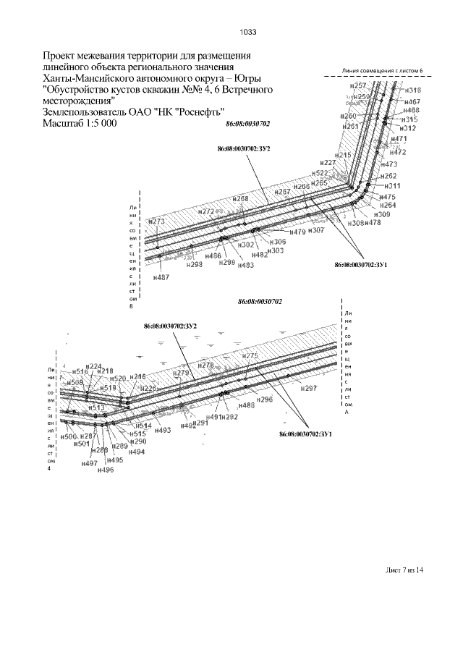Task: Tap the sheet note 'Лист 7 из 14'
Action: (x=403, y=570)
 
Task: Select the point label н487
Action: (x=162, y=277)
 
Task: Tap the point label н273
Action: (x=156, y=221)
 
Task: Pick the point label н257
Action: (x=357, y=86)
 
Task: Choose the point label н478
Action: (x=373, y=223)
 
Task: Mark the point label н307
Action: (x=316, y=230)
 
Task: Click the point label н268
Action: (x=241, y=199)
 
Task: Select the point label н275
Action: (x=250, y=356)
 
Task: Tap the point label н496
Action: (x=106, y=470)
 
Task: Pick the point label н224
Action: (x=94, y=366)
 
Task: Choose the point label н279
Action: (x=181, y=373)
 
